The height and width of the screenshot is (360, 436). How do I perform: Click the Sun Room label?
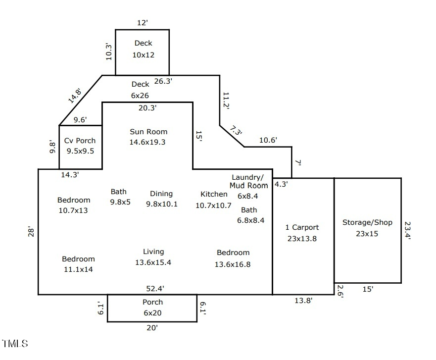point(148,132)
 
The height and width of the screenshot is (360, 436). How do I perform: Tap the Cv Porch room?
point(80,146)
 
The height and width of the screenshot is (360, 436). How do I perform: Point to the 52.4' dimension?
point(155,288)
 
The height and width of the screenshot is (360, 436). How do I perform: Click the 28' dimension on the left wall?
point(31,232)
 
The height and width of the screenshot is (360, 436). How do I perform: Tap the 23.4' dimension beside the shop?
point(407,230)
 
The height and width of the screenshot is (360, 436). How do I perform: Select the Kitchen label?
point(214,194)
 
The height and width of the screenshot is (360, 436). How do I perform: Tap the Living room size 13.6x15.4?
point(153,262)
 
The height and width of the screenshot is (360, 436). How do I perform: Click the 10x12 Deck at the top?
point(143,49)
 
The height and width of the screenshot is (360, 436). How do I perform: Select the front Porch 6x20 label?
point(152,308)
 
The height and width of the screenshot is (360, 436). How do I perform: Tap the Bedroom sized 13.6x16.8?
point(233,258)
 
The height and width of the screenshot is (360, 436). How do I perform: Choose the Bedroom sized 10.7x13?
point(74,205)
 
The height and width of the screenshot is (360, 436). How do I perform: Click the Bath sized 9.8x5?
point(119,197)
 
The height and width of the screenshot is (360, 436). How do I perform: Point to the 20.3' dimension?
point(147,107)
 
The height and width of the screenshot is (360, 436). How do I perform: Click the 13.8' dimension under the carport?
point(303,300)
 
